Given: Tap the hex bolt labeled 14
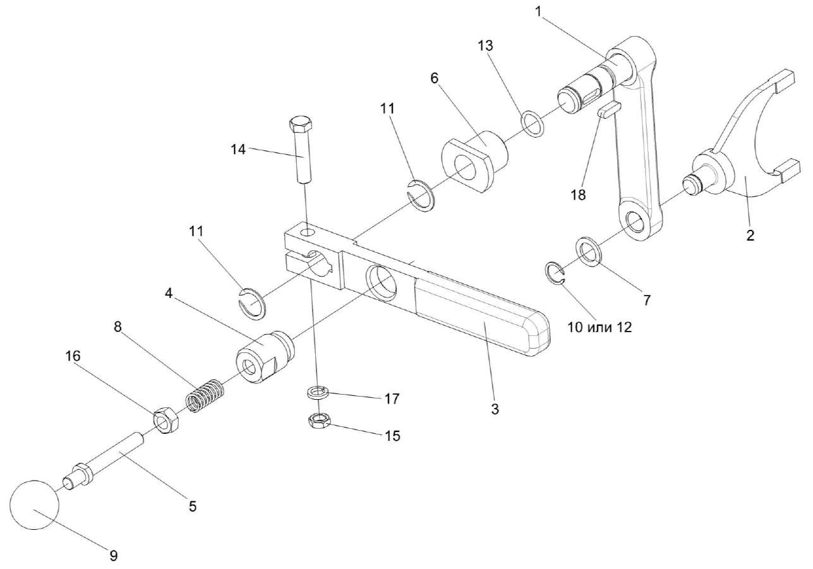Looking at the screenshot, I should point(301,152).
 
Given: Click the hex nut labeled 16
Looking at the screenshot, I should point(166,421).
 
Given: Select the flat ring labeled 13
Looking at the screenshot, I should point(533,123).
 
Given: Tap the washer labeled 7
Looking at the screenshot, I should point(589,251).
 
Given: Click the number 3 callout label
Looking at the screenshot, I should point(495,409).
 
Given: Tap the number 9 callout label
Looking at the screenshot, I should point(113,555).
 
